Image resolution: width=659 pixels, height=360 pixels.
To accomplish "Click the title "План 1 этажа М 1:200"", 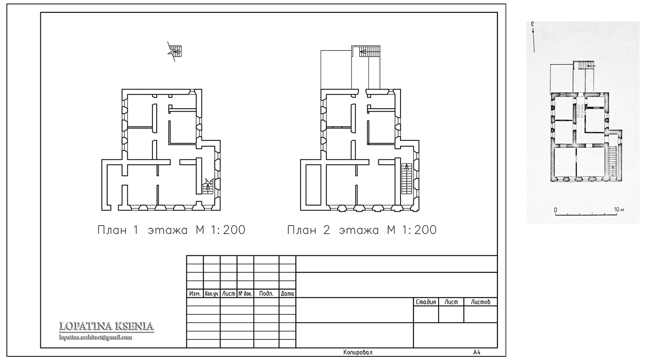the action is coord(171,230).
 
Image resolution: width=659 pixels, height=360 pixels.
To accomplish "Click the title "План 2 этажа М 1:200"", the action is coord(361,230).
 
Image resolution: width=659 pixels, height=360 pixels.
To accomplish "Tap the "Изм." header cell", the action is coord(195,294).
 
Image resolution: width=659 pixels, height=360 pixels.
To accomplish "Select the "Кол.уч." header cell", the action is coord(212,294).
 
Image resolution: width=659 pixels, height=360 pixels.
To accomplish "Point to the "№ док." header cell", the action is coord(245,294).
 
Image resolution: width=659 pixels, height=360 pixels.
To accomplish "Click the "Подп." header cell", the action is coord(266,294).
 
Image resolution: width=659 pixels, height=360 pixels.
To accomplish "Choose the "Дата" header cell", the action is coord(287,294).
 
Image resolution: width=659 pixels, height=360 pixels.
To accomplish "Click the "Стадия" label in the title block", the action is coord(426,302).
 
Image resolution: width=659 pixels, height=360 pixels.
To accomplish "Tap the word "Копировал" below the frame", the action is coord(358,352).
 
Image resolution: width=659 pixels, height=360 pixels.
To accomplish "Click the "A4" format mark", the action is coord(476,352).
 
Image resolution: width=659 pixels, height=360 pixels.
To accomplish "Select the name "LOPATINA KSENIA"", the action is coord(106,326).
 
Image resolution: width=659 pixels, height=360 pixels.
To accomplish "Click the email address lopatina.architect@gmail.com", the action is coord(96,337).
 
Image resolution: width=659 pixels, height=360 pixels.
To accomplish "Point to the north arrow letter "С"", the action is coord(532,24).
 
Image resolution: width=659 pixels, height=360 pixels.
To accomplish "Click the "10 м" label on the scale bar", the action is coord(619,210).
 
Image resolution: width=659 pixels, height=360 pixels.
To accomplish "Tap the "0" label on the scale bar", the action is coord(556,210).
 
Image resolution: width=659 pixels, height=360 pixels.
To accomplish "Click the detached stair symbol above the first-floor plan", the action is coord(175,51).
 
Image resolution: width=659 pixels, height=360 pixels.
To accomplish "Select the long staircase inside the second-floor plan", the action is coord(407,179).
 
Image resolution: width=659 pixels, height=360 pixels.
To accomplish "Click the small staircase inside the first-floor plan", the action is coord(208,187).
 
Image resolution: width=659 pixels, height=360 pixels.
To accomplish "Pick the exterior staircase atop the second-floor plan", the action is coord(370,51).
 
